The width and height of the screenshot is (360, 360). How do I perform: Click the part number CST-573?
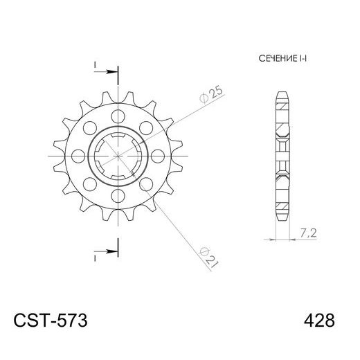point(50,321)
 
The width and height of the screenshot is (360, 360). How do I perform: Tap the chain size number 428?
point(319,321)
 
